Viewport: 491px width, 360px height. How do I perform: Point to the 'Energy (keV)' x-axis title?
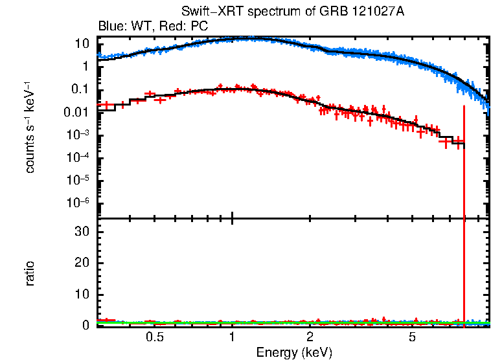(x=293, y=353)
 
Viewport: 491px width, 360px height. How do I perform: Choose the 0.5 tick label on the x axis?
(x=154, y=337)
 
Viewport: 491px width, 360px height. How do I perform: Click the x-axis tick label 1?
(x=232, y=337)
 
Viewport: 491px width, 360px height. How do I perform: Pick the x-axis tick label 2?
(x=310, y=337)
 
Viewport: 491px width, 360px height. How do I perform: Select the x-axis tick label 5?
(x=413, y=337)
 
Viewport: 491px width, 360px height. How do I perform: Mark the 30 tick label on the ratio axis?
(x=82, y=231)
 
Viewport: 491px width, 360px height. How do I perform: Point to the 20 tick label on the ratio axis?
(x=82, y=262)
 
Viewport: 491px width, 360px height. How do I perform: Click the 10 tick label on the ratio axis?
(x=82, y=294)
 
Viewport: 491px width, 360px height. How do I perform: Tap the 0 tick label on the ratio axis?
(x=86, y=325)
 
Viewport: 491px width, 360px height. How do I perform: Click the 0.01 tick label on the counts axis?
(x=78, y=112)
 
